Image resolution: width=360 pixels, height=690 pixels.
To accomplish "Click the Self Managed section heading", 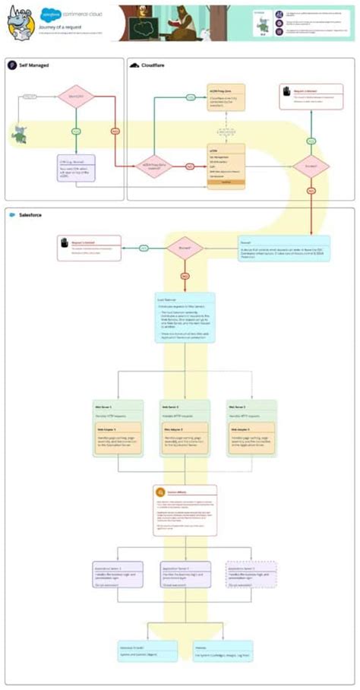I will tap(31, 65).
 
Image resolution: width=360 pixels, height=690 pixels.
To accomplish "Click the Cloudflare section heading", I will tap(156, 65).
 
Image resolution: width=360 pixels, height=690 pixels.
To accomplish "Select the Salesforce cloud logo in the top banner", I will tap(52, 13).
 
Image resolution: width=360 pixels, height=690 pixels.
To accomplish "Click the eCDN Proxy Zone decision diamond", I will tap(154, 166).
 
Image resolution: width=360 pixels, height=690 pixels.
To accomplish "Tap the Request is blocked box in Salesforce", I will tap(88, 248).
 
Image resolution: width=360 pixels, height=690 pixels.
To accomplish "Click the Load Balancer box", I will tap(185, 317).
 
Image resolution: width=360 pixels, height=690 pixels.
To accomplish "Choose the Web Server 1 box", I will tap(117, 428).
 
